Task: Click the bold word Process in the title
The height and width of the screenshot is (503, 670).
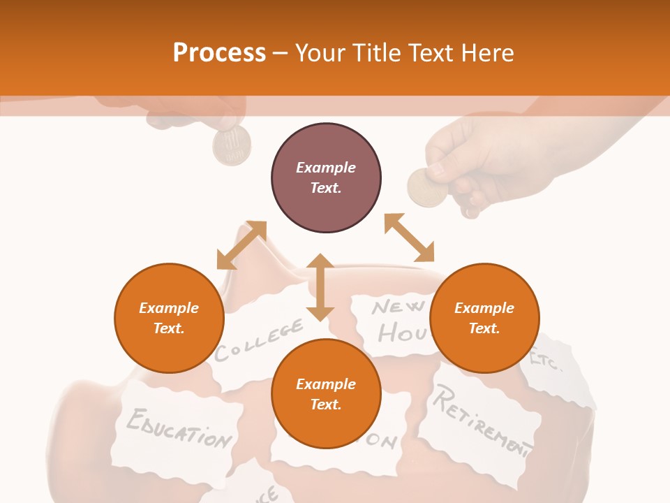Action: (x=219, y=52)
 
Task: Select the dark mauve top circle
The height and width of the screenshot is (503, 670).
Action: (x=326, y=177)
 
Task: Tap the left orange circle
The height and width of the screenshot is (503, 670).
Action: (x=169, y=318)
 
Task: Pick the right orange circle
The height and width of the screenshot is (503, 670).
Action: (x=484, y=318)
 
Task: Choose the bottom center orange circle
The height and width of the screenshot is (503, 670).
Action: (x=326, y=394)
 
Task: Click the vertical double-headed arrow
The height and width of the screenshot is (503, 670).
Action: (x=320, y=287)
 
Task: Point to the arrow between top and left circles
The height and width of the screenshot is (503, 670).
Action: (x=241, y=245)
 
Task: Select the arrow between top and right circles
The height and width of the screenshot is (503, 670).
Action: (x=409, y=238)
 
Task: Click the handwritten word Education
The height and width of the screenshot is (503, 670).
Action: (x=179, y=428)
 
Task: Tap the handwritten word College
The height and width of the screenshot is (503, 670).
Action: (x=259, y=340)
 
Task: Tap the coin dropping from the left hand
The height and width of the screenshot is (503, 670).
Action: (x=232, y=146)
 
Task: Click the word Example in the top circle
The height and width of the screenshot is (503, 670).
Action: (x=326, y=168)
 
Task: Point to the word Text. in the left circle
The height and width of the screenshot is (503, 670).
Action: (x=169, y=328)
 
